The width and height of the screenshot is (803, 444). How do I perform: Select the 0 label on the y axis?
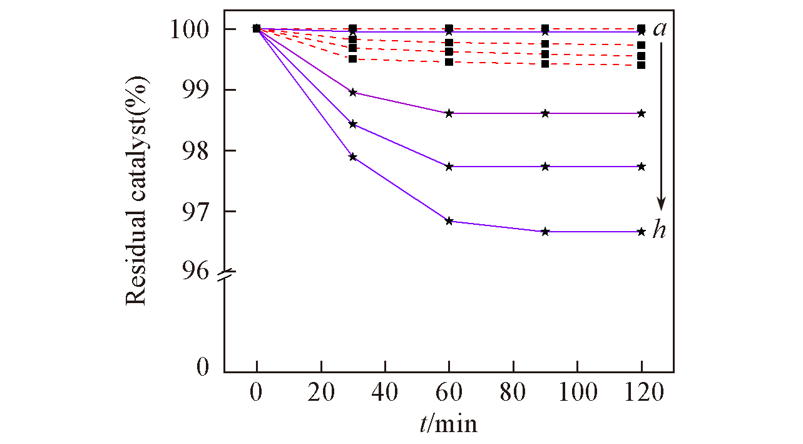[202, 367]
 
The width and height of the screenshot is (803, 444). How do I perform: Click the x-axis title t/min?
[448, 424]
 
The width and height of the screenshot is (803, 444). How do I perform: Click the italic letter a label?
[659, 29]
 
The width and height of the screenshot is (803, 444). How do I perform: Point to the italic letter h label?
[659, 230]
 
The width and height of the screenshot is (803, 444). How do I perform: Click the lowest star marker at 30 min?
[353, 157]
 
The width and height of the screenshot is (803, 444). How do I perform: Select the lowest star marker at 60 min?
[449, 221]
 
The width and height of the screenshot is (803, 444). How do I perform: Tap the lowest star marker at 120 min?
[642, 232]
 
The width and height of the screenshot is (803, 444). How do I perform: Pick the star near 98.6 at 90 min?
[545, 113]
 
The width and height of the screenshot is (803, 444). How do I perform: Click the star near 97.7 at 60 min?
[449, 167]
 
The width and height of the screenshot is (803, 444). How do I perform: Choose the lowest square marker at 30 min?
[353, 59]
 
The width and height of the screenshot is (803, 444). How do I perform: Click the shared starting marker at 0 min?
[257, 28]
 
